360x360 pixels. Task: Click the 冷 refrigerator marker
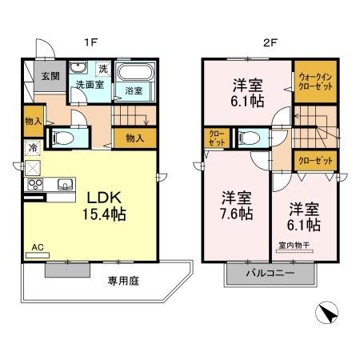coord(34,148)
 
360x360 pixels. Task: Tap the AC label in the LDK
coord(37,247)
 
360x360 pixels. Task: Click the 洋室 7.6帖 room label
coord(238,205)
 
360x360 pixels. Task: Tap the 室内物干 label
coord(294,246)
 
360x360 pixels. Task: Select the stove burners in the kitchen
coord(35,186)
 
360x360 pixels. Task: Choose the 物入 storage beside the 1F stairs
coord(134,138)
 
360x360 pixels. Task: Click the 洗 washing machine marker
coord(102,68)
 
